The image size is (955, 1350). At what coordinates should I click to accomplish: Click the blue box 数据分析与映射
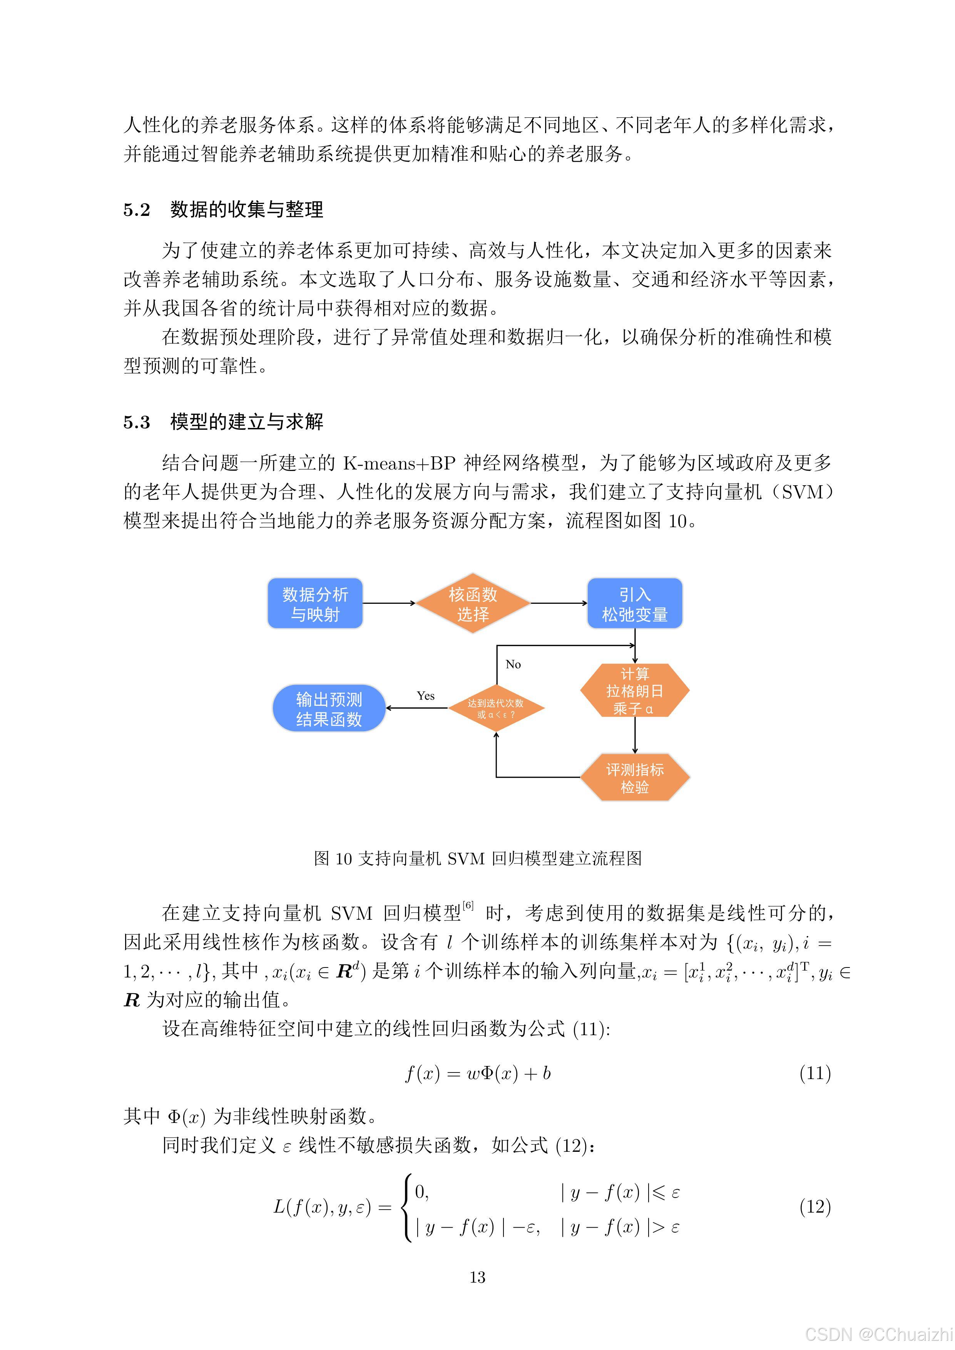point(315,603)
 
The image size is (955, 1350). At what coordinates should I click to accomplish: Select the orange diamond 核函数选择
point(473,603)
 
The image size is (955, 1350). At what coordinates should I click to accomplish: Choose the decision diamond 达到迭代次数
point(496,708)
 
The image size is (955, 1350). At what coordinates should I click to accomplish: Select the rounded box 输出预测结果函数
point(329,708)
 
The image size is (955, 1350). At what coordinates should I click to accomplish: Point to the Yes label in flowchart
point(426,695)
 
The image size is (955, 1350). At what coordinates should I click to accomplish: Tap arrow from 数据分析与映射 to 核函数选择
point(389,603)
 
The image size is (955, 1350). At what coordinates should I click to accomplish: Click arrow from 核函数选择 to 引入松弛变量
point(559,603)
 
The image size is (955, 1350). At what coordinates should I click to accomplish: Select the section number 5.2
point(136,210)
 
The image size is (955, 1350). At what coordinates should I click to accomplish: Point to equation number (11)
point(815,1074)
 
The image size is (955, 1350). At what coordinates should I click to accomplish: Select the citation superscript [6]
point(468,906)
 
